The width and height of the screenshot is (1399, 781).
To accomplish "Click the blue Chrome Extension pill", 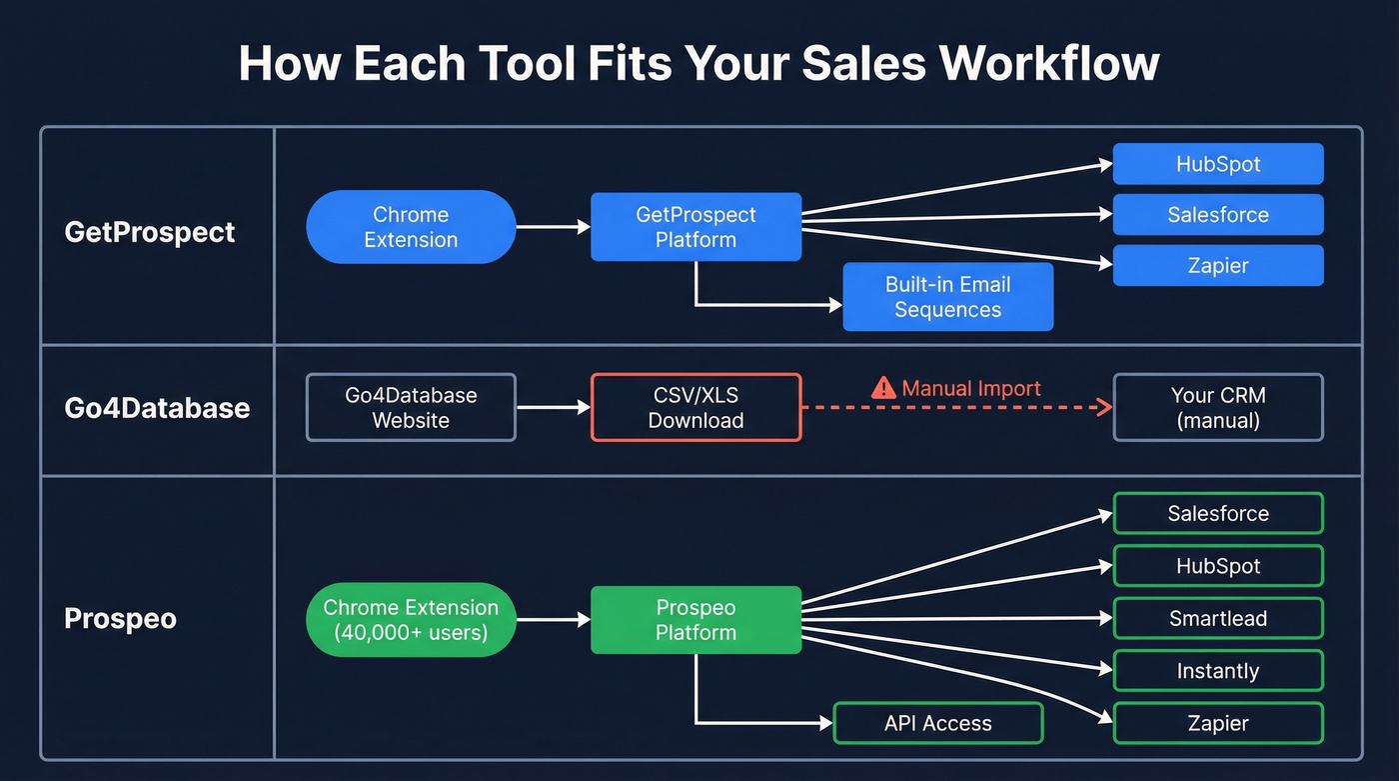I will (x=411, y=227).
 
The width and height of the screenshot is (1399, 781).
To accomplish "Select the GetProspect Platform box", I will (x=696, y=227).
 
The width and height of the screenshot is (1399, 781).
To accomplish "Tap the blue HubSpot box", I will (x=1217, y=164).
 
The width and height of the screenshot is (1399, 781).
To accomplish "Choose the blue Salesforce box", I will (x=1217, y=215).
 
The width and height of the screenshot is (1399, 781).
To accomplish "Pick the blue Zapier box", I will (x=1217, y=266).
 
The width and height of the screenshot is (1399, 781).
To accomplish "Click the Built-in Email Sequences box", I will (x=947, y=297).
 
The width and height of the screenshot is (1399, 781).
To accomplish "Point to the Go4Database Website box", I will (x=411, y=407).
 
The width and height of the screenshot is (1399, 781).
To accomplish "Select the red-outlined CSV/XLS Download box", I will (x=696, y=407).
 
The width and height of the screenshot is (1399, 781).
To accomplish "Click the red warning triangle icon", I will (x=883, y=388).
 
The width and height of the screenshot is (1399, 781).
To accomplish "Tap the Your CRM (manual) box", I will (x=1217, y=407).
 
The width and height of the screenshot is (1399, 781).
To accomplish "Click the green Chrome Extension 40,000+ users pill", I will (x=411, y=619).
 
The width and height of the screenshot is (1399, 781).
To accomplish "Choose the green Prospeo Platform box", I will (x=696, y=619).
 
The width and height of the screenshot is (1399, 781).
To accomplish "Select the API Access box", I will (x=937, y=723).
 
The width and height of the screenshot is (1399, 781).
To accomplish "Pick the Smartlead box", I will (x=1217, y=618).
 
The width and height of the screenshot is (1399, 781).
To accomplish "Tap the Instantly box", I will (x=1217, y=671).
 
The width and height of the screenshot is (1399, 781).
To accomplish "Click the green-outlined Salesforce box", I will (x=1217, y=514).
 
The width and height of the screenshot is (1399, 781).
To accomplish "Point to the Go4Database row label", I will (x=157, y=408).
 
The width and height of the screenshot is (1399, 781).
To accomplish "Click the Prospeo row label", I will (x=120, y=619).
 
